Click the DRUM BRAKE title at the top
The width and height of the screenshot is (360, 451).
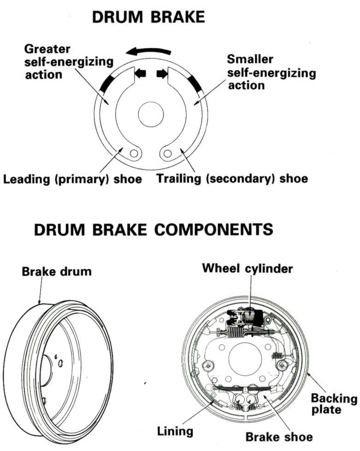[x=148, y=17]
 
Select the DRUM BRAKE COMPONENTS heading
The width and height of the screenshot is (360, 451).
[x=153, y=229]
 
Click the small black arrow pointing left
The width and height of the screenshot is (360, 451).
[x=139, y=73]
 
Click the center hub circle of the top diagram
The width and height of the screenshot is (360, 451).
[x=151, y=114]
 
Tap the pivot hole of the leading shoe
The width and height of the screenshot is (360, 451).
[x=134, y=153]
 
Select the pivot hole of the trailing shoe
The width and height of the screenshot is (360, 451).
[x=168, y=153]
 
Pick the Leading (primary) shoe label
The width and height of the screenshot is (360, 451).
[x=72, y=179]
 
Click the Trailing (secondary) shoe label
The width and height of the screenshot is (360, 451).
[x=232, y=178]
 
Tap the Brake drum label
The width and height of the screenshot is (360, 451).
[x=57, y=271]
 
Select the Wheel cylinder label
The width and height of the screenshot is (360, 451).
[x=247, y=268]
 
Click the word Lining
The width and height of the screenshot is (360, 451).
[x=175, y=431]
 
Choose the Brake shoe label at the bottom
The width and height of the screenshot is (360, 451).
[x=279, y=436]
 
